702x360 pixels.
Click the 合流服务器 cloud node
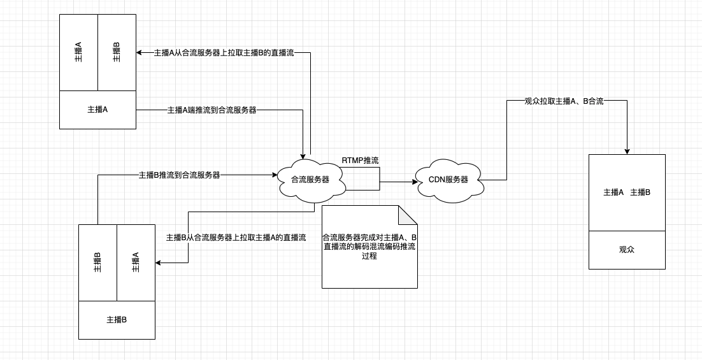[x=310, y=180]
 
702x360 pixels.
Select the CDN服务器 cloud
[x=448, y=180]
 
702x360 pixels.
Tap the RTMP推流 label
[x=360, y=161]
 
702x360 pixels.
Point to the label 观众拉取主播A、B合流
[x=564, y=101]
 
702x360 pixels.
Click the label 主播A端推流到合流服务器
[x=211, y=110]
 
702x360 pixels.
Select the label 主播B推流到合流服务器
[x=179, y=175]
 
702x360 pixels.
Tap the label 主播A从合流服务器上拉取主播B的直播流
[x=224, y=53]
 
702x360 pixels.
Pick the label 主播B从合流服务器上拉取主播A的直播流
[x=236, y=237]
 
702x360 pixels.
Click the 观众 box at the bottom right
[x=627, y=250]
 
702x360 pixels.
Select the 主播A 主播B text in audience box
[x=627, y=192]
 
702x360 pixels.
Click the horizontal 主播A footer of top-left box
[x=97, y=110]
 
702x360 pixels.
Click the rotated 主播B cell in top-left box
[x=117, y=52]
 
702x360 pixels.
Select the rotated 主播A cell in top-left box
[x=78, y=52]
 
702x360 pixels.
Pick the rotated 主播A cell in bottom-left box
[x=136, y=263]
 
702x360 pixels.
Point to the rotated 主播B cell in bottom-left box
[x=97, y=263]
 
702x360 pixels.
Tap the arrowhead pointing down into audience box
[x=627, y=152]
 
